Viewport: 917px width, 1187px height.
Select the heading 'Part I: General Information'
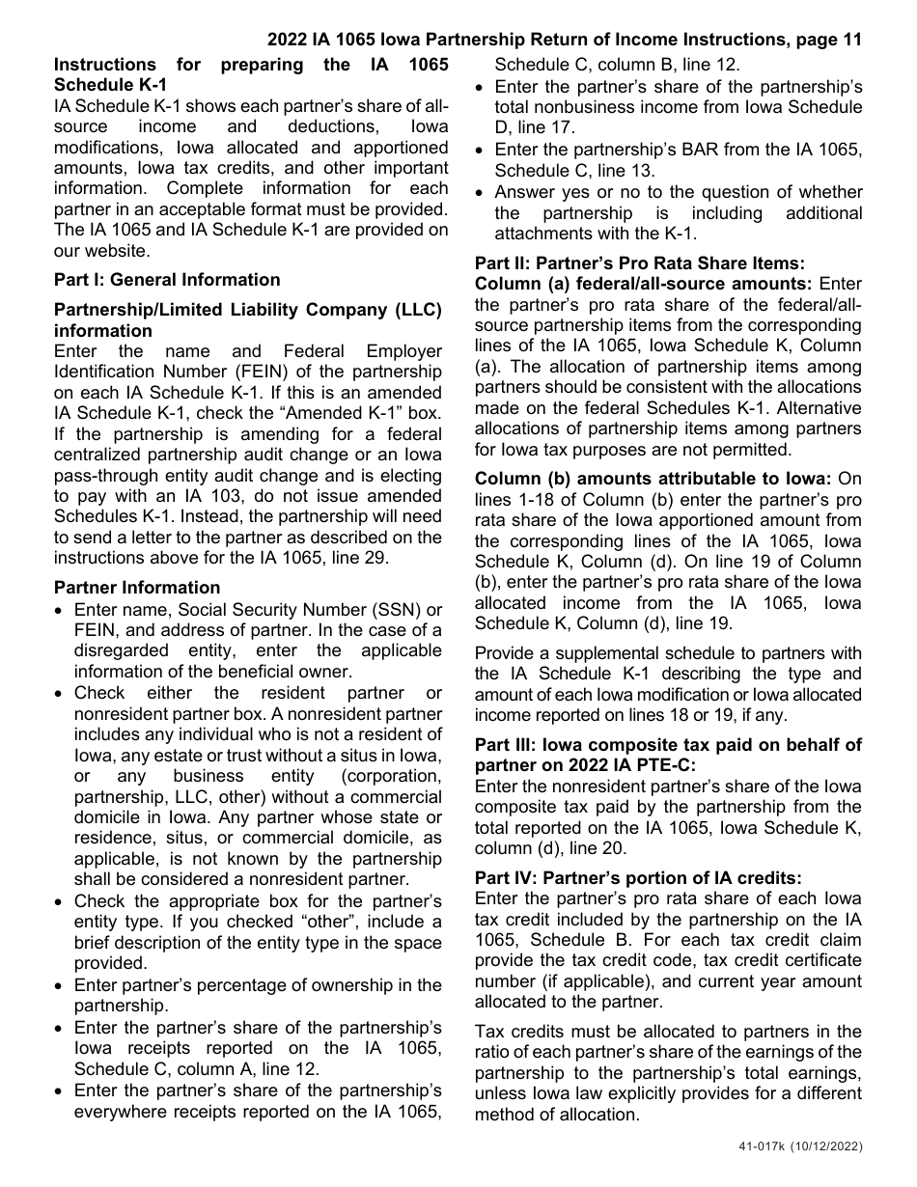coord(167,280)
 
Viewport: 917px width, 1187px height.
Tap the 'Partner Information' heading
coord(137,588)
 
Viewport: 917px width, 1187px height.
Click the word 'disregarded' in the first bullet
coord(123,650)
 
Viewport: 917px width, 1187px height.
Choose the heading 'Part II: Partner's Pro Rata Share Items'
coord(639,263)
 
